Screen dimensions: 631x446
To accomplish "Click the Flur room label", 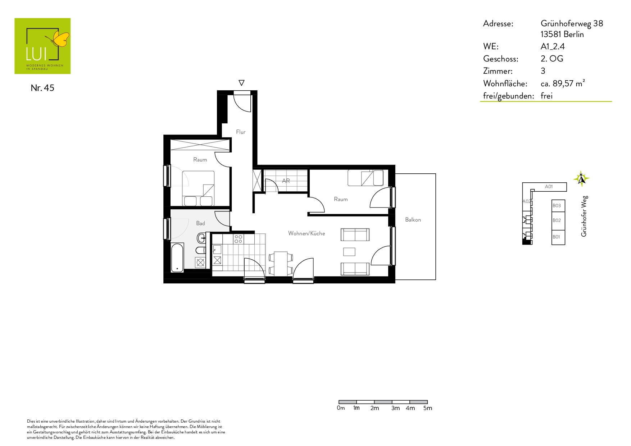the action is [x=241, y=132].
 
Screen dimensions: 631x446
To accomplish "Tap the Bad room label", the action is [x=200, y=223].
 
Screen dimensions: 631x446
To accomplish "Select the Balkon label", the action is [x=413, y=220].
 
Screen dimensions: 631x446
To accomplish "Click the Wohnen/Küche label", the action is [x=307, y=233].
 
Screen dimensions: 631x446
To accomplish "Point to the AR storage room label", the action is [x=286, y=181].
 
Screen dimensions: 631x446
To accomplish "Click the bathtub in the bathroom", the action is [x=177, y=258].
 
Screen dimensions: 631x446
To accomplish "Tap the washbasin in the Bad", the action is [x=201, y=238].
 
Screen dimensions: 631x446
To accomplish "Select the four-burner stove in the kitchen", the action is [x=238, y=239].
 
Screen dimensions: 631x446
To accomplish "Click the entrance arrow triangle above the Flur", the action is [x=241, y=83].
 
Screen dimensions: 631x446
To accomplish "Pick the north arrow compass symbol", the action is [x=581, y=178].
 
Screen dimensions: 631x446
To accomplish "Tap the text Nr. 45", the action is [x=42, y=88].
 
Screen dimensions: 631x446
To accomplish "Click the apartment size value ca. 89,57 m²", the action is [x=563, y=83].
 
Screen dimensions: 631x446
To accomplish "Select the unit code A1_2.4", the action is [x=553, y=46].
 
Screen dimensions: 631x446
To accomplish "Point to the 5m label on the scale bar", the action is [x=428, y=408].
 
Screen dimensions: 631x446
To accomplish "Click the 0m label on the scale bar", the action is [x=341, y=408].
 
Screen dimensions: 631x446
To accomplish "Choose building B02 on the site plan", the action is [x=558, y=220].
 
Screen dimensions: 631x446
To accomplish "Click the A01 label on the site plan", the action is [x=549, y=187].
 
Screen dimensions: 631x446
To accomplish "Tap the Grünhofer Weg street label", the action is [x=584, y=216].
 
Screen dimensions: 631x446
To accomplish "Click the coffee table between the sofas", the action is [x=349, y=252].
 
